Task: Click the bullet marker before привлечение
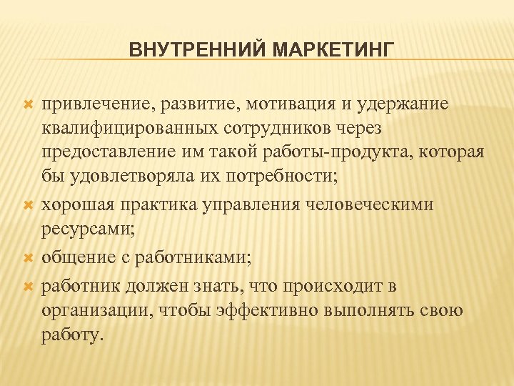[29, 105]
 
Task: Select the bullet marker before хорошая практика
[29, 205]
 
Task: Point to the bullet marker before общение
[29, 255]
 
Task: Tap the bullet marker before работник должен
[29, 286]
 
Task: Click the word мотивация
[286, 104]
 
